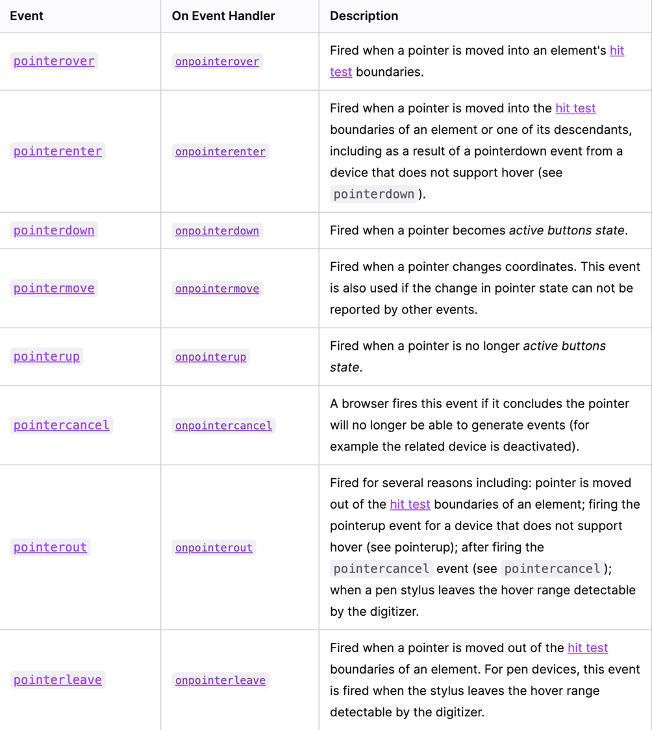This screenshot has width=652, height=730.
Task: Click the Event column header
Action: coord(27,16)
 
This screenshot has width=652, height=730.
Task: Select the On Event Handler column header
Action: coord(223,16)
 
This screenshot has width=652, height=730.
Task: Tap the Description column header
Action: coord(364,16)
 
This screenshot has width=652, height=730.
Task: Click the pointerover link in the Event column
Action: coord(54,61)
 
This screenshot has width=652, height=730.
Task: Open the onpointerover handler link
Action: coord(217,62)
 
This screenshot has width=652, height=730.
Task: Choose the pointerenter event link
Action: coord(58,151)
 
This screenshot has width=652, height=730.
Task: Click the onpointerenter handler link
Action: coord(220,152)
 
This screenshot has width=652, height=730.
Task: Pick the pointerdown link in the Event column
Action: coord(54,230)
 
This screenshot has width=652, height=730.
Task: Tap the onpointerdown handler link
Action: coord(217,231)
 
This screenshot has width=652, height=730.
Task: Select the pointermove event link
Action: coord(54,288)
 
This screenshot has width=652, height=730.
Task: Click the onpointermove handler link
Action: coord(217,289)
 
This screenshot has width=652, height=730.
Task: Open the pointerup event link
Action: coord(47,356)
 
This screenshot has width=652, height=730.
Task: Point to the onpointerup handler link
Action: coord(210,357)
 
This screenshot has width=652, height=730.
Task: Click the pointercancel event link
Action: coord(62,425)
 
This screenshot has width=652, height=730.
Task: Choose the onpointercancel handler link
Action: coord(223,426)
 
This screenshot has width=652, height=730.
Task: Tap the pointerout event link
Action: coord(50,547)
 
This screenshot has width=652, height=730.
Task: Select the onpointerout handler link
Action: coord(214,548)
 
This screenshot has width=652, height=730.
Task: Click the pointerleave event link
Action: coord(58,679)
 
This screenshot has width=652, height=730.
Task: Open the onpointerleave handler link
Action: coord(220,680)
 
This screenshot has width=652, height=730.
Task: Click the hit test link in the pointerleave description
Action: coord(588,648)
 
